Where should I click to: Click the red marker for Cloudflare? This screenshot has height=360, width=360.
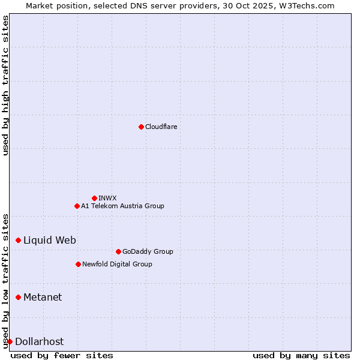click(141, 127)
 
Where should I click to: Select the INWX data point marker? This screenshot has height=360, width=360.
click(94, 198)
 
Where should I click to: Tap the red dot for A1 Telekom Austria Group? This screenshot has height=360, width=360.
click(77, 206)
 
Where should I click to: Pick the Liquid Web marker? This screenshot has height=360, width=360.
click(18, 240)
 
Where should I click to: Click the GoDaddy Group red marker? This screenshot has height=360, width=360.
click(118, 251)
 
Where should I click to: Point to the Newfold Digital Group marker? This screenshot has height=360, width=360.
click(78, 264)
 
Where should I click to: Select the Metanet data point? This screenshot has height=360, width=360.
click(18, 297)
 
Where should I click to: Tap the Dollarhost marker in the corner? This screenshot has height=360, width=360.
click(10, 341)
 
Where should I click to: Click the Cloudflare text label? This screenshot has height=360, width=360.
click(161, 127)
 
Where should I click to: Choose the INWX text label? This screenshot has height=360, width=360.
click(107, 198)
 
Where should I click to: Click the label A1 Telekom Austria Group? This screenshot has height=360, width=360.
click(122, 206)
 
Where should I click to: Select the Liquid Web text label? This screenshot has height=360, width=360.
click(50, 240)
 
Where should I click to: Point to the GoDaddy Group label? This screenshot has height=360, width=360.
click(148, 251)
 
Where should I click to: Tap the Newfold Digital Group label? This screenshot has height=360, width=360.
click(117, 264)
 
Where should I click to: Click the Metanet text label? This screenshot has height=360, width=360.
click(43, 297)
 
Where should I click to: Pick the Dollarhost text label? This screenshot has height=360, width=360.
click(39, 341)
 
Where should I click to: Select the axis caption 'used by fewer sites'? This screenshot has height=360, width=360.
click(62, 355)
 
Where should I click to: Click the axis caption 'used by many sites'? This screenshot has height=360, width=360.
click(301, 355)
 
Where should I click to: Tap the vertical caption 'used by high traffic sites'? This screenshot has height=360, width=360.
click(5, 85)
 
